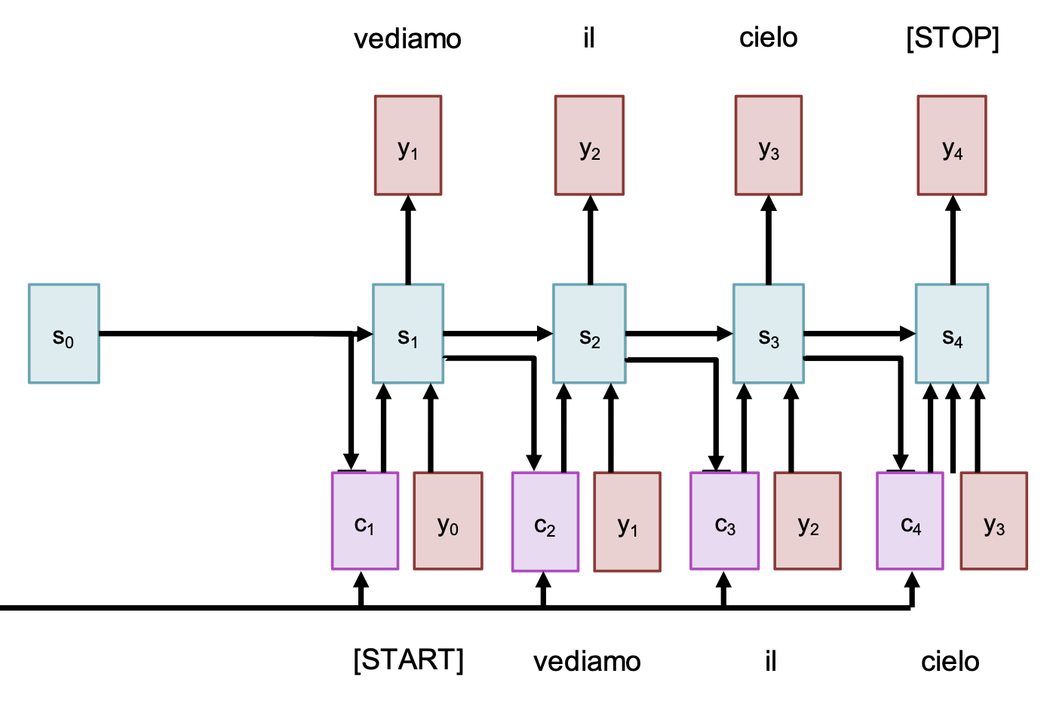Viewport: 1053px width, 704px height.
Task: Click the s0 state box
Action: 64,334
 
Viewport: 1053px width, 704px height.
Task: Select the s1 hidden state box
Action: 408,334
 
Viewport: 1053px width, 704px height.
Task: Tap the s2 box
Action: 589,334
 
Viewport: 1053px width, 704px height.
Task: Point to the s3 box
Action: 769,334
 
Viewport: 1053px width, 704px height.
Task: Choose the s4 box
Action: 952,334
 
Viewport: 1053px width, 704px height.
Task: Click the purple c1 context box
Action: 365,521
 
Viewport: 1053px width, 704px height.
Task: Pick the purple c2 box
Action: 545,522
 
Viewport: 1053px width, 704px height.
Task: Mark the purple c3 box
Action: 725,521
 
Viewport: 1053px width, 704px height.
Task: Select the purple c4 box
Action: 910,521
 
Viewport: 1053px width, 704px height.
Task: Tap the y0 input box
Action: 448,521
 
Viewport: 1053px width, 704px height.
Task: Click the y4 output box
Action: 952,145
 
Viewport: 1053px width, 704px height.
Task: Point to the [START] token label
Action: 408,660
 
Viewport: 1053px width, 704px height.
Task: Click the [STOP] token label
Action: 953,38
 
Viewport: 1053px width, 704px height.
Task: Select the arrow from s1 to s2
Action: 498,333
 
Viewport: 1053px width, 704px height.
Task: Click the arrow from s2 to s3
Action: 679,333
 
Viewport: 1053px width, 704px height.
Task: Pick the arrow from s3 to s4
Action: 860,333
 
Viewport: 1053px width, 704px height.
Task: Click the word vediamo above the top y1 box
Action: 407,38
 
